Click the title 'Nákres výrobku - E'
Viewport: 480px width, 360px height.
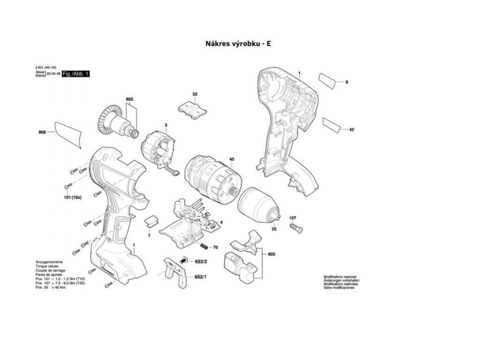238,44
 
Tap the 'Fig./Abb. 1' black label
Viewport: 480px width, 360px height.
75,74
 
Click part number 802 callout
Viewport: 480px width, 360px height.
130,99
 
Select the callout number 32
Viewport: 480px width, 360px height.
195,95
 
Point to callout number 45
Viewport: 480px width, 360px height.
232,159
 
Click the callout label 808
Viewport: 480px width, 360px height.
42,133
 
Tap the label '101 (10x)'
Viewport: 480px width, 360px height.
73,198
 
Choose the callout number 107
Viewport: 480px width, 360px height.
292,218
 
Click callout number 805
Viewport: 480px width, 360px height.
272,254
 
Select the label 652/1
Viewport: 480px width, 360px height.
201,277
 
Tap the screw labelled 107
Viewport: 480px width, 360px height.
296,228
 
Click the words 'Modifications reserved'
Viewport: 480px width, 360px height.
340,277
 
